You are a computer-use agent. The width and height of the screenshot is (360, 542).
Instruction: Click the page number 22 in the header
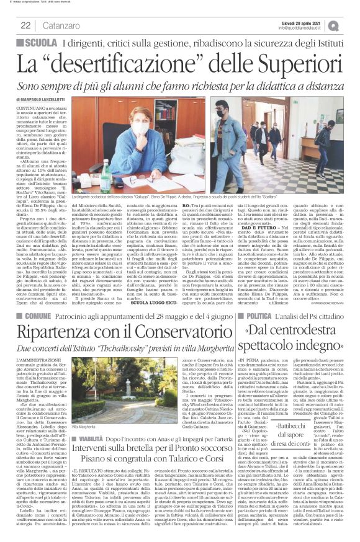click(26, 25)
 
